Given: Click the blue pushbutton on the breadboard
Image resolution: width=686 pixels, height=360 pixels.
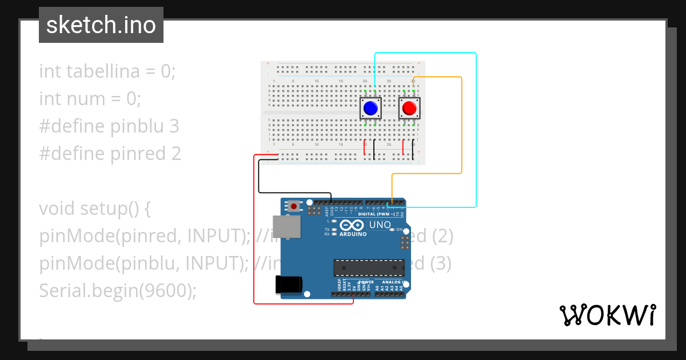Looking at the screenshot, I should pos(370,107).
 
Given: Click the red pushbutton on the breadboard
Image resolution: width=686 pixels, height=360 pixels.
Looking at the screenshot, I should pos(409,107).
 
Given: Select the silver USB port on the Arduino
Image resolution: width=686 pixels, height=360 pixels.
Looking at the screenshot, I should pos(285,226).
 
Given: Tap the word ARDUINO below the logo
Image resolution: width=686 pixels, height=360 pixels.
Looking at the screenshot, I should pos(353,234).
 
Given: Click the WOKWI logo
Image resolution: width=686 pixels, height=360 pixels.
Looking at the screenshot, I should pos(607,315).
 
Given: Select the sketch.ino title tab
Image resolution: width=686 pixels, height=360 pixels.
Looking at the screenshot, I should pos(101,25).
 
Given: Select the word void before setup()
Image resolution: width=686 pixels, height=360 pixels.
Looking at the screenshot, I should pos(57,209).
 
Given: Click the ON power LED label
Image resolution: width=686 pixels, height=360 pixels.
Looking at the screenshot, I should pos(399,229).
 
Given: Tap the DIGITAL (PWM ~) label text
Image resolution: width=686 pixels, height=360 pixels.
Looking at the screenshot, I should pos(376,214).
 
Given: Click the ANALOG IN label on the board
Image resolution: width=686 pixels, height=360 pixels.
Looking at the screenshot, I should pos(393,282).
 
